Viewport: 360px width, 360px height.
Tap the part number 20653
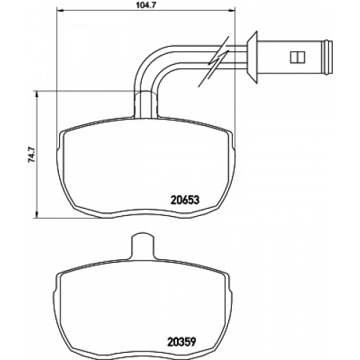point(185,200)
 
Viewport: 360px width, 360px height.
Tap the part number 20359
point(181,341)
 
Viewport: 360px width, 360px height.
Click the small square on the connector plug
point(297,58)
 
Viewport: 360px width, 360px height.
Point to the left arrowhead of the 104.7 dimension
point(59,10)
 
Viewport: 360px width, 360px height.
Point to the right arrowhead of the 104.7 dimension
point(231,10)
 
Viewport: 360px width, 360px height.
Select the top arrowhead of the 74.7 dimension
point(37,94)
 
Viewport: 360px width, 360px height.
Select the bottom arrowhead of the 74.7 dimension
point(37,215)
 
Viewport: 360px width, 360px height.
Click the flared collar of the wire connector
point(253,58)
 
